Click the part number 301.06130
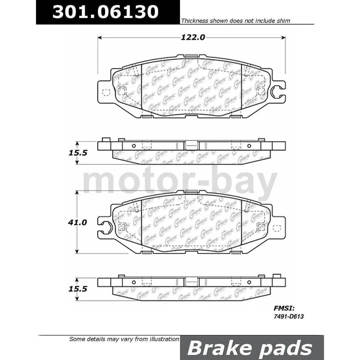(105, 12)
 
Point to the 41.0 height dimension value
(78, 222)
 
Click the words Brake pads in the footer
(250, 348)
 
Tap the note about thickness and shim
(235, 21)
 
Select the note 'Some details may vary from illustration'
(124, 339)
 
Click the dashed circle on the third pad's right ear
(277, 228)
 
